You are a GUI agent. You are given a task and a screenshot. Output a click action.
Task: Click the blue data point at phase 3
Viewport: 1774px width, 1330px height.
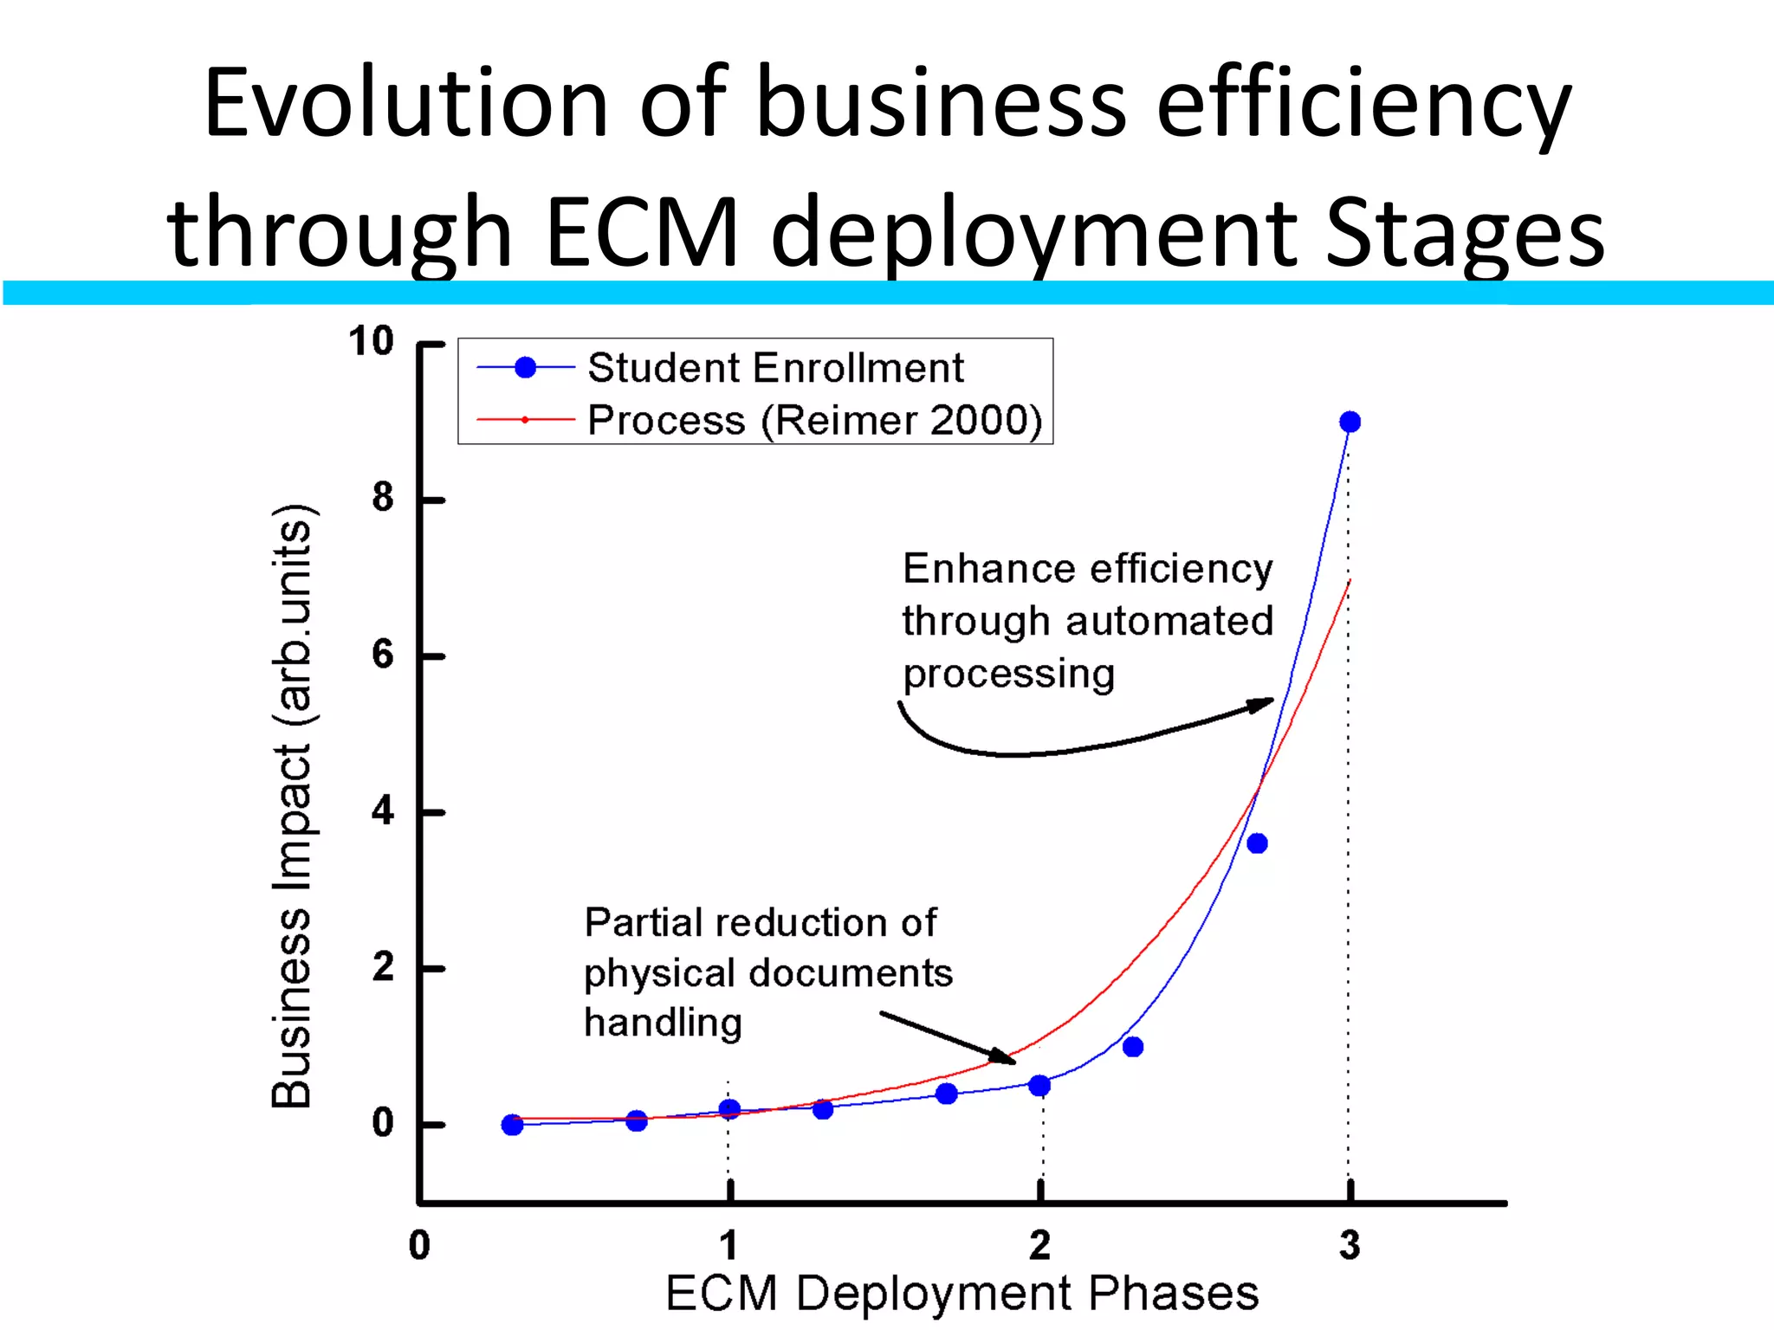point(1350,422)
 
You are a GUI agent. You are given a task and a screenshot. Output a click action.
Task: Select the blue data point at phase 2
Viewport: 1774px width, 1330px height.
point(1039,1085)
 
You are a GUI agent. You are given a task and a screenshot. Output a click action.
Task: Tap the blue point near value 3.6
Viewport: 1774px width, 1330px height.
point(1257,843)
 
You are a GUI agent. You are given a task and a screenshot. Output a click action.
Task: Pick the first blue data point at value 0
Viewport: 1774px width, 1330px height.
point(512,1125)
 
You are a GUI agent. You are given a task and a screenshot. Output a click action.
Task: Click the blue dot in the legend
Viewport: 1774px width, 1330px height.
point(525,368)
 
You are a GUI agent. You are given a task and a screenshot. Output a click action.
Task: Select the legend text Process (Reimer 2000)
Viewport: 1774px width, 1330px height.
point(814,420)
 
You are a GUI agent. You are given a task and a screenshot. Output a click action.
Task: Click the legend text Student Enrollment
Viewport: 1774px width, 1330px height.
point(775,368)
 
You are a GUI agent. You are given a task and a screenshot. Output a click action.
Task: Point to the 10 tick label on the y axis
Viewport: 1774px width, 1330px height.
point(371,341)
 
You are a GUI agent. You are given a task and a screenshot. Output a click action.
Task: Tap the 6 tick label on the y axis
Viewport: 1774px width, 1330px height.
point(382,655)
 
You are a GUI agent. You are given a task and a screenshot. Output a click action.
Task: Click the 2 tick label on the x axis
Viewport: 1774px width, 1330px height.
point(1039,1246)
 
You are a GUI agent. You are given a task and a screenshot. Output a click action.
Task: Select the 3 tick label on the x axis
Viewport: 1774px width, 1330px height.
point(1350,1246)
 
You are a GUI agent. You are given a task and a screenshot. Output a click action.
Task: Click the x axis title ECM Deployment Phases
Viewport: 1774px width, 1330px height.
point(961,1294)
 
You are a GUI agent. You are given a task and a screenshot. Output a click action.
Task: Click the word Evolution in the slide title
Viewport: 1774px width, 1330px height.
point(406,103)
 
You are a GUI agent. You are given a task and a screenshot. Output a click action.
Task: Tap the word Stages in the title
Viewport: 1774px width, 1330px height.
point(1465,232)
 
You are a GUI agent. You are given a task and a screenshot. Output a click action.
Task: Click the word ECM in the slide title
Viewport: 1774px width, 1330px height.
point(643,232)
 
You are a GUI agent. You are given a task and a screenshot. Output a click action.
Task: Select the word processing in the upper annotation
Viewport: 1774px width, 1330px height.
point(1008,674)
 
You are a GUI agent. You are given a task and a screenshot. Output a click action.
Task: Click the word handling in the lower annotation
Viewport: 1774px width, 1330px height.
point(663,1023)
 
